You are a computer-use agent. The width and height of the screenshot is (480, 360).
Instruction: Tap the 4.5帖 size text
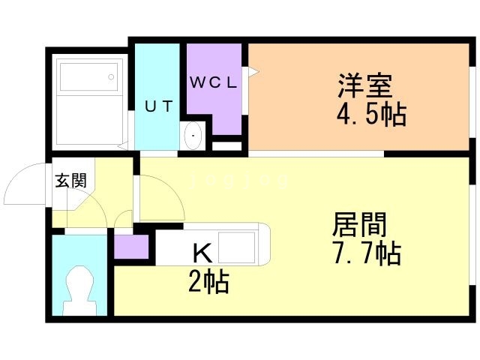point(371,115)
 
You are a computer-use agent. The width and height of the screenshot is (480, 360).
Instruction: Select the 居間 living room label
point(359,224)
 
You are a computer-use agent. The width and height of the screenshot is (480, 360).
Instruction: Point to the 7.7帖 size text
point(366,253)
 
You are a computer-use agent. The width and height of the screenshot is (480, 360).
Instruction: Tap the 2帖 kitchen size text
point(208,282)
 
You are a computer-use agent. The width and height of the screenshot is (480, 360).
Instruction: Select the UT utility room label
point(158,106)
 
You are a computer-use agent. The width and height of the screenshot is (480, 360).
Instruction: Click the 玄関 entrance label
point(70,180)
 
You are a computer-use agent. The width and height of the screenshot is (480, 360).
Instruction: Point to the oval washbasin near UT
point(193,135)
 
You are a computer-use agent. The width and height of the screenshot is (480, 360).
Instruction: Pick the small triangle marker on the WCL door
point(253,72)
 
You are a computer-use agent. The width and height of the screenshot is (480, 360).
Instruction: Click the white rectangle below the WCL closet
point(227,146)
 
